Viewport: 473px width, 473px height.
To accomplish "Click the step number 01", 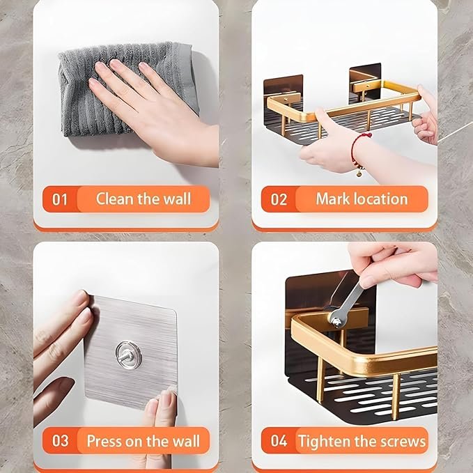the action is (59, 200).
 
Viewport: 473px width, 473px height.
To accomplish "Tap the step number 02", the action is (279, 200).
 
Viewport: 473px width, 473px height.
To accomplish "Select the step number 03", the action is (61, 441).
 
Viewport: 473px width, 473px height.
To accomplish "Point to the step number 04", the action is (279, 441).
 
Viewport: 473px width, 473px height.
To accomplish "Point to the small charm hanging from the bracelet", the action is (359, 173).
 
